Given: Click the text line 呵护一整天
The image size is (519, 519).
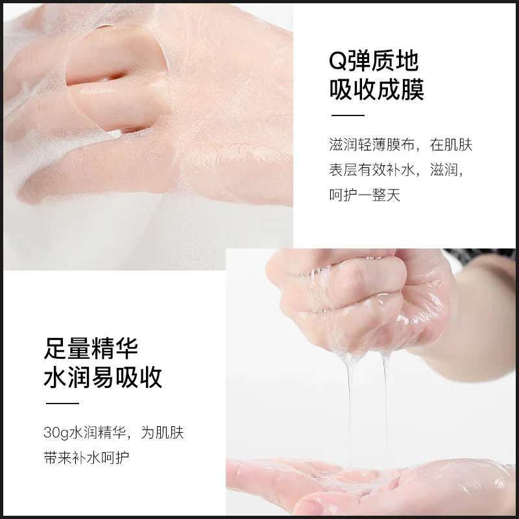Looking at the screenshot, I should pyautogui.click(x=365, y=195).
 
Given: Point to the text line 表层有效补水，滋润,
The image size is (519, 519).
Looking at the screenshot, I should pyautogui.click(x=395, y=170).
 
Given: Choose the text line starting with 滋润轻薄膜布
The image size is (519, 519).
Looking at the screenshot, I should pyautogui.click(x=401, y=145).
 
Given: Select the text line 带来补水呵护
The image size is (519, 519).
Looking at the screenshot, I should pyautogui.click(x=84, y=457).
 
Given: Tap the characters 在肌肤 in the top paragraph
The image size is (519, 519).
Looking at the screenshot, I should pyautogui.click(x=452, y=145).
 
